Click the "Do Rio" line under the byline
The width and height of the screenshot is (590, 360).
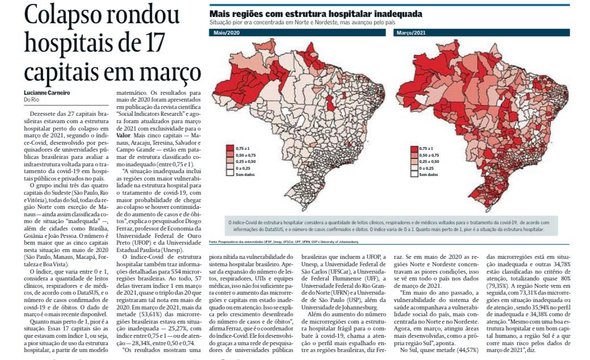(x=31, y=100)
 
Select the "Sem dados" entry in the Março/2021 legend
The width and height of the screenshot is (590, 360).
(x=428, y=174)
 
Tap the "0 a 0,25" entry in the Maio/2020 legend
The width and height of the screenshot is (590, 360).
(x=242, y=168)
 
